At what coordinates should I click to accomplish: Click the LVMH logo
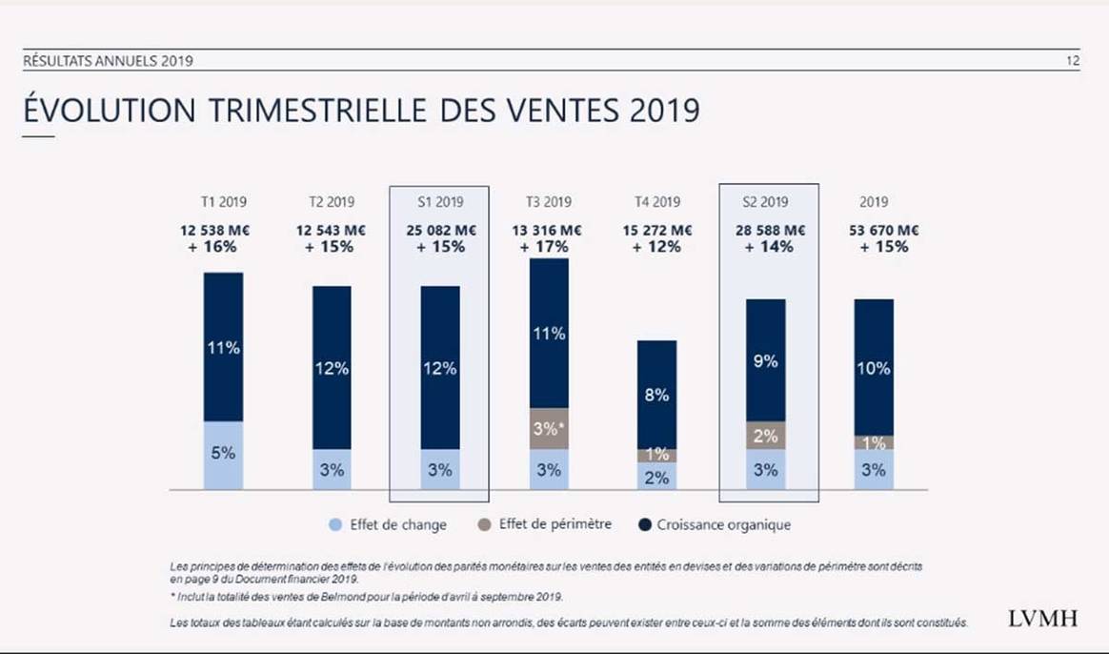[1042, 618]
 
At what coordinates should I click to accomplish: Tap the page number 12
[1073, 61]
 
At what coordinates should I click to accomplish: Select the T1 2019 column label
[223, 202]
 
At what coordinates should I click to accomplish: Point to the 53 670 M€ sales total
[873, 230]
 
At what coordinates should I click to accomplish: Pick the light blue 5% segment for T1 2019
[223, 455]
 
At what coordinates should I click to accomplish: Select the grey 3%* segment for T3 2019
[549, 429]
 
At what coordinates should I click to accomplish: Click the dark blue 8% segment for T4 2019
[656, 394]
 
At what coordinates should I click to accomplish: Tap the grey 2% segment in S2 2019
[766, 436]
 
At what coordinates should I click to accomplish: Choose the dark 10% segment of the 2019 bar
[874, 367]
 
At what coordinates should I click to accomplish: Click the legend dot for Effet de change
[334, 524]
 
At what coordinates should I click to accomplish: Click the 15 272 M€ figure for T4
[656, 230]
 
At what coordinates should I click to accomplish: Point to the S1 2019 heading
[439, 202]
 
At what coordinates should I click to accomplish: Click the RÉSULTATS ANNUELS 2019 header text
[108, 62]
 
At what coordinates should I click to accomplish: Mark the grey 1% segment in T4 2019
[656, 455]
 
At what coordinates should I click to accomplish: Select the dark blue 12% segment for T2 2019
[332, 368]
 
